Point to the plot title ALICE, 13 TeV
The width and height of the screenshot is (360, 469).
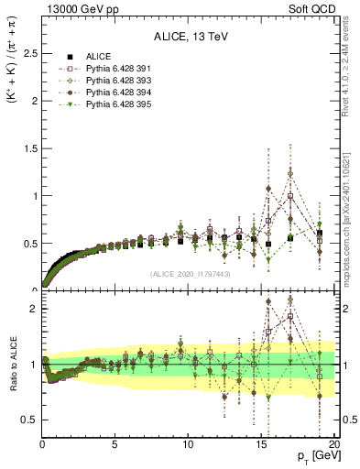point(188,38)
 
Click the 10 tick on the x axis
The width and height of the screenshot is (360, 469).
point(188,446)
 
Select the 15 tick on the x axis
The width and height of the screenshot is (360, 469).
point(261,446)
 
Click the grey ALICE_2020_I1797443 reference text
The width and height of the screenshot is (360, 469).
point(188,274)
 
